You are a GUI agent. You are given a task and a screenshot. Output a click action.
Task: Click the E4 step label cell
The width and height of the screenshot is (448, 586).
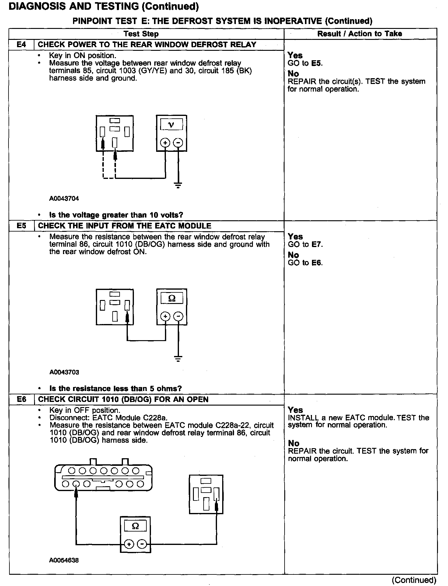(21, 45)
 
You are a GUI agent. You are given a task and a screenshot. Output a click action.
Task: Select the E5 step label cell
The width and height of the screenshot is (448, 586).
(21, 226)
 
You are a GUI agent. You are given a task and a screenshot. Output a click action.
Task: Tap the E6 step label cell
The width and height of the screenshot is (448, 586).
(21, 399)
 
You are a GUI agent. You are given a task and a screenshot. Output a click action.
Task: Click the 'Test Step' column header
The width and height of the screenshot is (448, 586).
(141, 34)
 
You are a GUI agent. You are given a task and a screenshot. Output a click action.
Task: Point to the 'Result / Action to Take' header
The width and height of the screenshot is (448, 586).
(359, 34)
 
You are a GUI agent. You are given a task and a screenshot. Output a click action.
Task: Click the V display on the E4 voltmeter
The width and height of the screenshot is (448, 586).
(171, 124)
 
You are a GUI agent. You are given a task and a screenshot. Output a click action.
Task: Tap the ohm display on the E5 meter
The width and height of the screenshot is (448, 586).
(172, 298)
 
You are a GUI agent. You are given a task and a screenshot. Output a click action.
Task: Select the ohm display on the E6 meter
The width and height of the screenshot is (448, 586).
(135, 526)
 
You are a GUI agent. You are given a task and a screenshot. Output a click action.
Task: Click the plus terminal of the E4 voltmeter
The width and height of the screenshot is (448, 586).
(165, 143)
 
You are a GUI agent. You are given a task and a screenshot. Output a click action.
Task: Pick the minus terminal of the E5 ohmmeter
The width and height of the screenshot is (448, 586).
(178, 316)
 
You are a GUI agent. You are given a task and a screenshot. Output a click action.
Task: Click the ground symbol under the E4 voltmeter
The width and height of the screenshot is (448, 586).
(178, 185)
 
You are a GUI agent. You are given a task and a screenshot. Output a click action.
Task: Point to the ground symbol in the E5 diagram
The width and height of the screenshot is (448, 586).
(178, 359)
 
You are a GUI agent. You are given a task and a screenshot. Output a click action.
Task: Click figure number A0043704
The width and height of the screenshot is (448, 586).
(64, 199)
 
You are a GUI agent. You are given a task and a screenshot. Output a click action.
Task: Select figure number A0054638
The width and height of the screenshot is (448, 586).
(64, 560)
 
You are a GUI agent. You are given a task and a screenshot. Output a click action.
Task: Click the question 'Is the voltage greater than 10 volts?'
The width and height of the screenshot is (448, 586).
(116, 215)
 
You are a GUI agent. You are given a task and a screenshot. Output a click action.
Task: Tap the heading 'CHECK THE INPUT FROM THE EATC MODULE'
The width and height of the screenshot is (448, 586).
(124, 226)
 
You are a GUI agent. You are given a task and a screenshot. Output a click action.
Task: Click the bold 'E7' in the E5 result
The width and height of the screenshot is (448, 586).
(317, 244)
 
